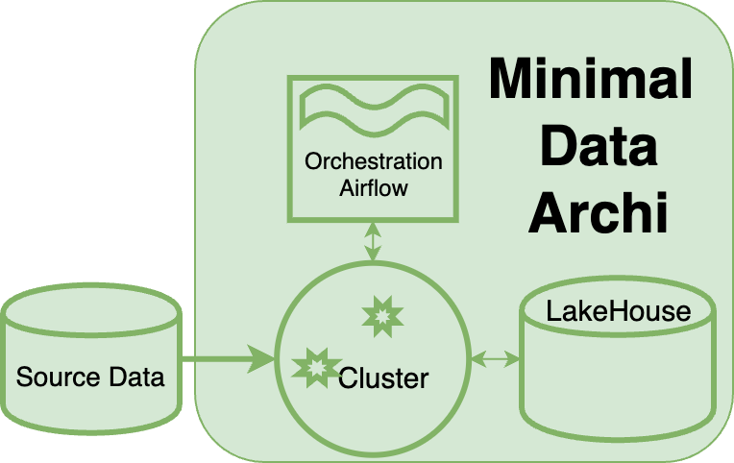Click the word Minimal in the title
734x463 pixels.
[x=590, y=79]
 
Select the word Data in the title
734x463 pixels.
[x=598, y=147]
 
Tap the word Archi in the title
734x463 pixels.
[x=598, y=213]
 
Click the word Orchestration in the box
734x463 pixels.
[x=374, y=161]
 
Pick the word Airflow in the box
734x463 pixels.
[x=374, y=187]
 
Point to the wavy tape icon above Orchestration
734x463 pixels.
[x=374, y=108]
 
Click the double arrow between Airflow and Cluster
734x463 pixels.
[x=374, y=241]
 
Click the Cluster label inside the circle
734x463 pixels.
[x=383, y=378]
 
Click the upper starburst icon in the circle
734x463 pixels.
[x=380, y=315]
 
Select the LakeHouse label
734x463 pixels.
[x=618, y=311]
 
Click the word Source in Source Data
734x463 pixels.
[x=56, y=377]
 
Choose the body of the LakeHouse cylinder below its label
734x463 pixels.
[x=618, y=384]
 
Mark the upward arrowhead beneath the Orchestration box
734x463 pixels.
[x=374, y=227]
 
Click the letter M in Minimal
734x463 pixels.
[x=509, y=79]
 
